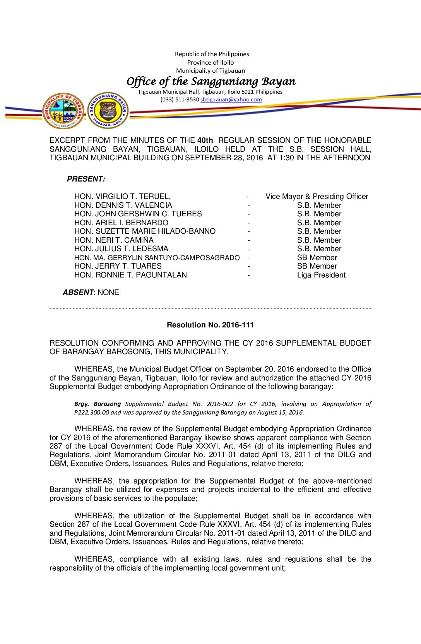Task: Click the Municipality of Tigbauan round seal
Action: (63, 111)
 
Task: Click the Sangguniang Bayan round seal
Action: (108, 110)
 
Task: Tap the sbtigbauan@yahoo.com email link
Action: (231, 99)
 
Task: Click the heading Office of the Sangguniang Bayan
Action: (211, 81)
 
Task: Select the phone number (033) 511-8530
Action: (180, 99)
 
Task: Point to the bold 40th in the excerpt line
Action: (205, 140)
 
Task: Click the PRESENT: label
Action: (86, 179)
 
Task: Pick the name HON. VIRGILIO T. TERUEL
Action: (122, 197)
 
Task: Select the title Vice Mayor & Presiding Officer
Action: (317, 197)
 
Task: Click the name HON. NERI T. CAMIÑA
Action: (114, 240)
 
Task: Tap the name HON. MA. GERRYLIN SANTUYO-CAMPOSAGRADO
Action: (157, 258)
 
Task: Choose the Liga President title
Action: (321, 275)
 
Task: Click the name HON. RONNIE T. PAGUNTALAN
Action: (130, 275)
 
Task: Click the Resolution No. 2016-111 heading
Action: (210, 325)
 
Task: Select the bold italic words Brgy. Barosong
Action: (98, 404)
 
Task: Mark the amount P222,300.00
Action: (92, 413)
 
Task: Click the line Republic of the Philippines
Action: (212, 54)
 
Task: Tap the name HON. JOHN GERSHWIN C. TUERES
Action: (138, 214)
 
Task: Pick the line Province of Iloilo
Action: (210, 63)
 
